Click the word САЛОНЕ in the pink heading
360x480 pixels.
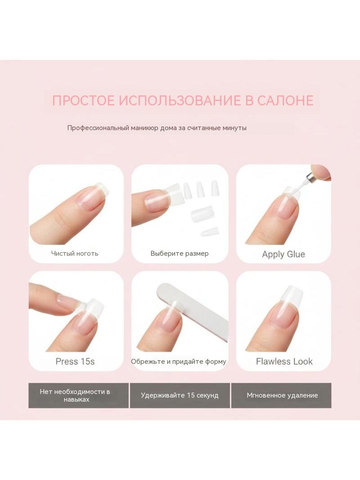[x=285, y=101]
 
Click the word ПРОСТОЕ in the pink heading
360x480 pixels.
[x=83, y=101]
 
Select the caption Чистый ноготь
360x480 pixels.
[x=75, y=254]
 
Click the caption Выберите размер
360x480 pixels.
[x=180, y=254]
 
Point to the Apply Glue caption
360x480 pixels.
[x=283, y=254]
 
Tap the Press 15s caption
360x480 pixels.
[x=75, y=362]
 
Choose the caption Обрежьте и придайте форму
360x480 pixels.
[x=179, y=362]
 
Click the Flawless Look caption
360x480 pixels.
[x=284, y=362]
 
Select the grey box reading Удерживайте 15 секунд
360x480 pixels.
[x=180, y=395]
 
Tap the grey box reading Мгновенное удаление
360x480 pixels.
[x=281, y=395]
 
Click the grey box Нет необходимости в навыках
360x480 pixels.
[x=79, y=395]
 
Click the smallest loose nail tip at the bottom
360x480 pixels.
[x=210, y=231]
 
